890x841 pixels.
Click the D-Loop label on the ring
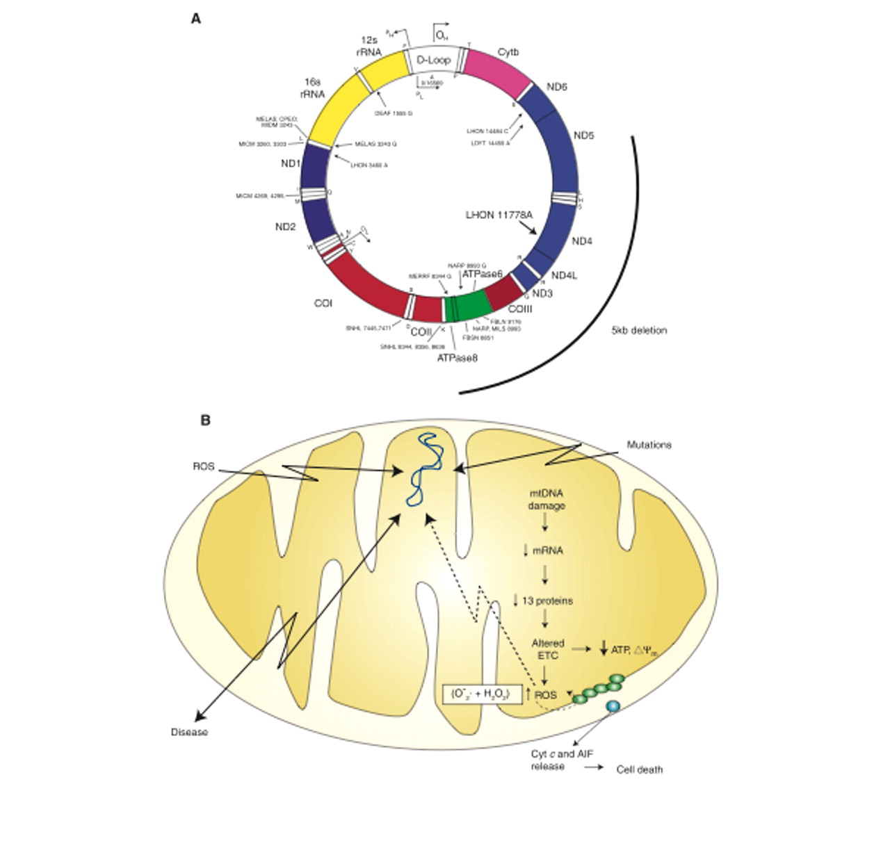tap(433, 60)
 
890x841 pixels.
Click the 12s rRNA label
tap(371, 45)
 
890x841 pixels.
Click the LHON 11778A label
tap(499, 215)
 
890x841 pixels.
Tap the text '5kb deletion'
tap(639, 331)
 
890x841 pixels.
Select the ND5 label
tap(584, 136)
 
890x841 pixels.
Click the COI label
tap(323, 304)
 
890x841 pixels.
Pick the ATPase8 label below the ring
tap(458, 358)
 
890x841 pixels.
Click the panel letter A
tap(196, 19)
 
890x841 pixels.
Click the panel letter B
tap(205, 420)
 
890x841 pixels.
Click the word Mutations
tap(649, 445)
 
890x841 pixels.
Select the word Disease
tap(189, 732)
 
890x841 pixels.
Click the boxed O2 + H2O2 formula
tap(482, 694)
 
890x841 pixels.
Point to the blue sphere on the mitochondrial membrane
tap(613, 706)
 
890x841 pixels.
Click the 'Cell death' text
tap(640, 769)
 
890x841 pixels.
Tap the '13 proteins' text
tap(547, 601)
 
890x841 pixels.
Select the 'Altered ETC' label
tap(547, 649)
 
